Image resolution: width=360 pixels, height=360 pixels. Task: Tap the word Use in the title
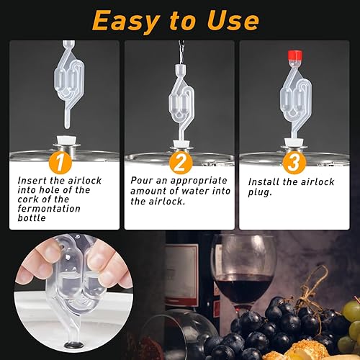tap(233, 21)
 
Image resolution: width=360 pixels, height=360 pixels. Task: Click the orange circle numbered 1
tap(60, 162)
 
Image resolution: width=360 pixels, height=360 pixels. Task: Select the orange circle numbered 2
tap(181, 162)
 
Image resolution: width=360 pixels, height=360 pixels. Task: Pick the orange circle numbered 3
tap(294, 162)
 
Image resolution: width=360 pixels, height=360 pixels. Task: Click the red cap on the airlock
tap(294, 56)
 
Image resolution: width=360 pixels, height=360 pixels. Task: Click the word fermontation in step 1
tap(49, 209)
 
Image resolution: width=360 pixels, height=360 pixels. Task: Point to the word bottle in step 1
tap(32, 218)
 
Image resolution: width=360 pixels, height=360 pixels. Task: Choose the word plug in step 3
tap(259, 193)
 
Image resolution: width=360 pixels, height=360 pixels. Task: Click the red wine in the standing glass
tap(243, 288)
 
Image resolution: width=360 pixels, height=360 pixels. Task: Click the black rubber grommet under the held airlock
tap(74, 345)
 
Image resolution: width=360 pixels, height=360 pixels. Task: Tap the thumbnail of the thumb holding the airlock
tap(98, 259)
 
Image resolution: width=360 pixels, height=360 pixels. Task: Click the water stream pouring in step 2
tap(181, 52)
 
